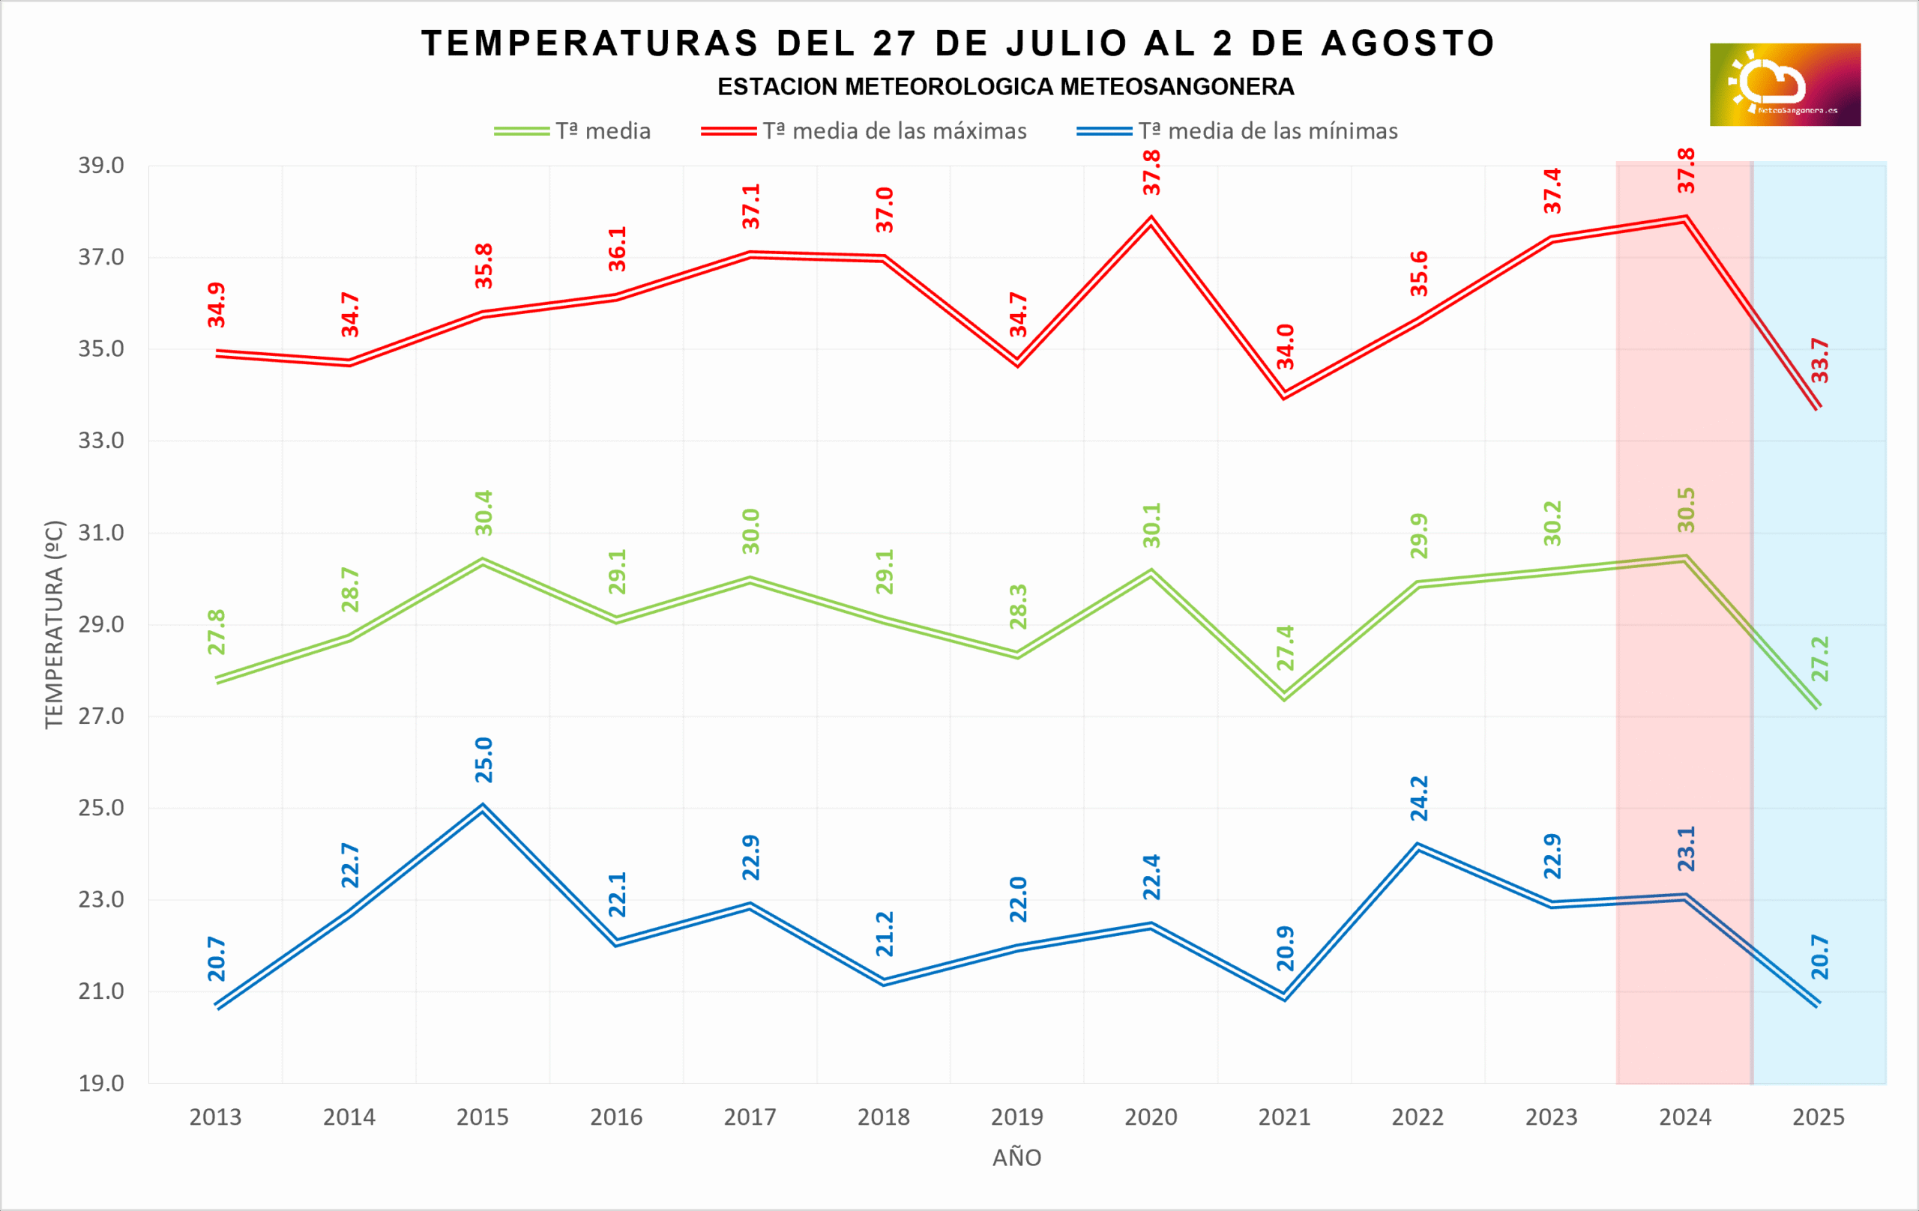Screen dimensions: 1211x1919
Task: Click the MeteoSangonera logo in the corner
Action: pos(1784,85)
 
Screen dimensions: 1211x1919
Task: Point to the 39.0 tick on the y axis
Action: pos(101,166)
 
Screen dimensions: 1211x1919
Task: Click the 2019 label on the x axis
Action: pos(1017,1117)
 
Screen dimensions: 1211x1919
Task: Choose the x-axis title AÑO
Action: pos(1017,1158)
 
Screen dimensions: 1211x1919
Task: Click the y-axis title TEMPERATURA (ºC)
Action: pos(53,625)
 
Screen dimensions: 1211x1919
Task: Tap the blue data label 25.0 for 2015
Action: pos(483,760)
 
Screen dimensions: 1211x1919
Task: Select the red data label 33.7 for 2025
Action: pos(1819,360)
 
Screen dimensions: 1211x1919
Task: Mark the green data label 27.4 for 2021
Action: pos(1286,647)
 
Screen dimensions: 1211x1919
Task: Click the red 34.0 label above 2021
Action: pos(1286,346)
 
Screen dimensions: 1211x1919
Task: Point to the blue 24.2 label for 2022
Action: pos(1419,798)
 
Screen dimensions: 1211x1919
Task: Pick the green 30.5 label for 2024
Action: pos(1687,510)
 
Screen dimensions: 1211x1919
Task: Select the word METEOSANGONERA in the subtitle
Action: pos(1177,87)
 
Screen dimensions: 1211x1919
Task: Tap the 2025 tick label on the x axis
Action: pos(1819,1117)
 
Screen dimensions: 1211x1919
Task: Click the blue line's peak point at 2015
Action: pos(483,807)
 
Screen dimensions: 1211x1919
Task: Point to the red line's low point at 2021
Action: pos(1285,395)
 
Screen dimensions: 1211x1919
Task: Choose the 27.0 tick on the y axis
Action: pos(101,716)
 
